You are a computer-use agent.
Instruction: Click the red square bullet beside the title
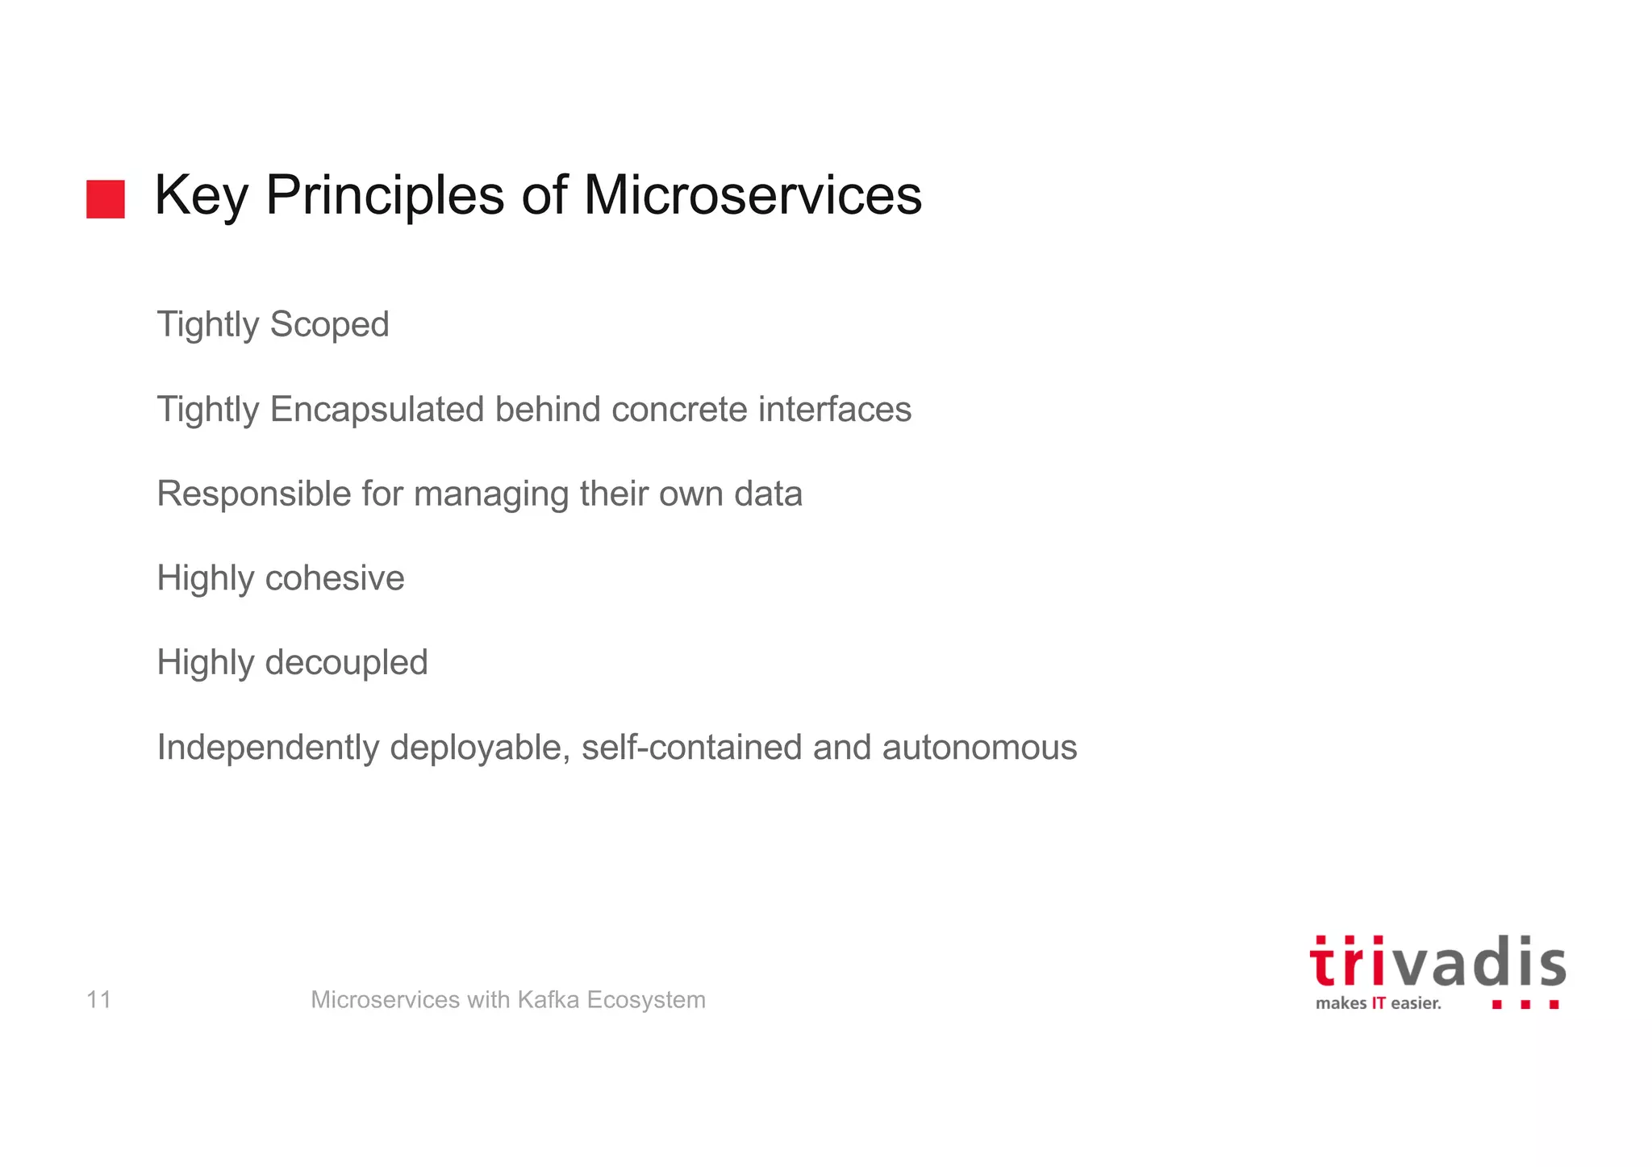click(x=106, y=199)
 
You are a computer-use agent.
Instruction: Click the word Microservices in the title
click(x=752, y=195)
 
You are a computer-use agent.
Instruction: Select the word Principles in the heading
click(x=385, y=197)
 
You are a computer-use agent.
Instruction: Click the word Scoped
click(x=329, y=325)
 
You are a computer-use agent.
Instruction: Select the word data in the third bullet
click(x=768, y=494)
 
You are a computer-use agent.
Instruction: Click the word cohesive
click(x=335, y=578)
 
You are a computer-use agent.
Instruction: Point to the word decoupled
click(x=346, y=664)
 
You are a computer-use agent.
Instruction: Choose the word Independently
click(x=268, y=748)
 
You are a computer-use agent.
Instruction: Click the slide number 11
click(x=98, y=1000)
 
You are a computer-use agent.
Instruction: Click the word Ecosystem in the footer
click(x=646, y=1000)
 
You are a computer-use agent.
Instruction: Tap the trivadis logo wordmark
click(x=1437, y=963)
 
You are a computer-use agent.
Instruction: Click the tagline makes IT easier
click(x=1378, y=1003)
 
